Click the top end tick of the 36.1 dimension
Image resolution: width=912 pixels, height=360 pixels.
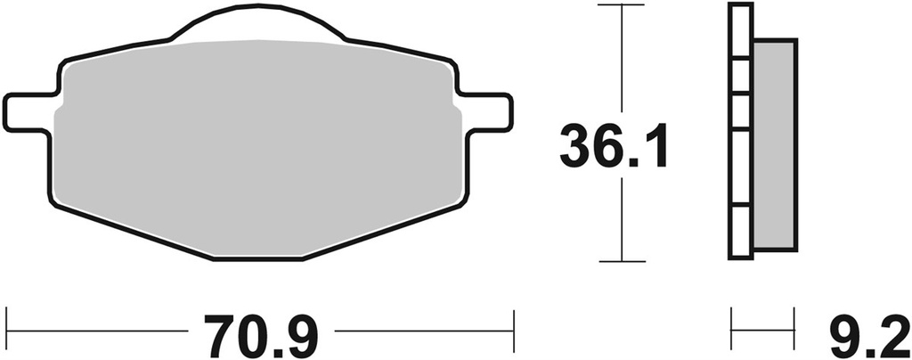pos(620,5)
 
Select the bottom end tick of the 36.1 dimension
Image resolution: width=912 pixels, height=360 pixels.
pos(620,261)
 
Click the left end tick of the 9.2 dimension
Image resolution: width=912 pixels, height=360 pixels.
pos(731,331)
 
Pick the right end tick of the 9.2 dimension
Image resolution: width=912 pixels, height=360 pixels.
pos(793,331)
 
